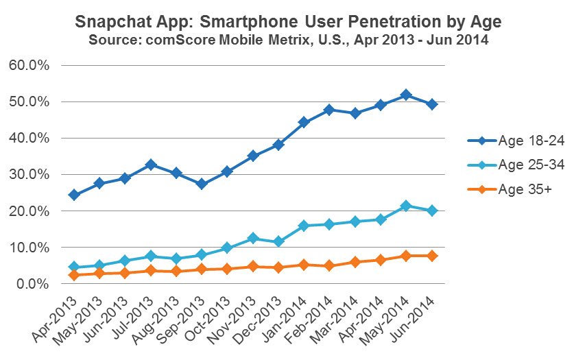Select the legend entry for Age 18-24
click(516, 141)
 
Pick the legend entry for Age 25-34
click(516, 165)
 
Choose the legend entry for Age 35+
click(510, 189)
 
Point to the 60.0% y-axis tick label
click(29, 66)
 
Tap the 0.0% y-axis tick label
click(32, 283)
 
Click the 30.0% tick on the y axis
click(29, 174)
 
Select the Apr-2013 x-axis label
click(55, 319)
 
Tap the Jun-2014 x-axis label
click(413, 319)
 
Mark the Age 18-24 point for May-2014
click(406, 95)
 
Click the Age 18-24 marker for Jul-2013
click(150, 165)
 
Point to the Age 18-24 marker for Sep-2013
click(202, 184)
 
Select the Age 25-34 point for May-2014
click(406, 206)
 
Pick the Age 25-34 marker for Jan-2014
click(304, 226)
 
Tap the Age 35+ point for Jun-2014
click(432, 256)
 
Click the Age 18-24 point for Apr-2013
click(74, 195)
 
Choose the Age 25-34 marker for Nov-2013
click(253, 238)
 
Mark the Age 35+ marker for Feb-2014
click(329, 265)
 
